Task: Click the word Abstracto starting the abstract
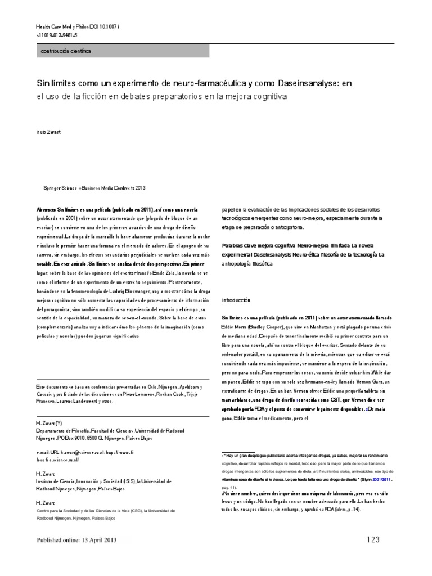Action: click(x=47, y=208)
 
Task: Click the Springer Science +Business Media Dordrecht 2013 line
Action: click(x=94, y=189)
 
